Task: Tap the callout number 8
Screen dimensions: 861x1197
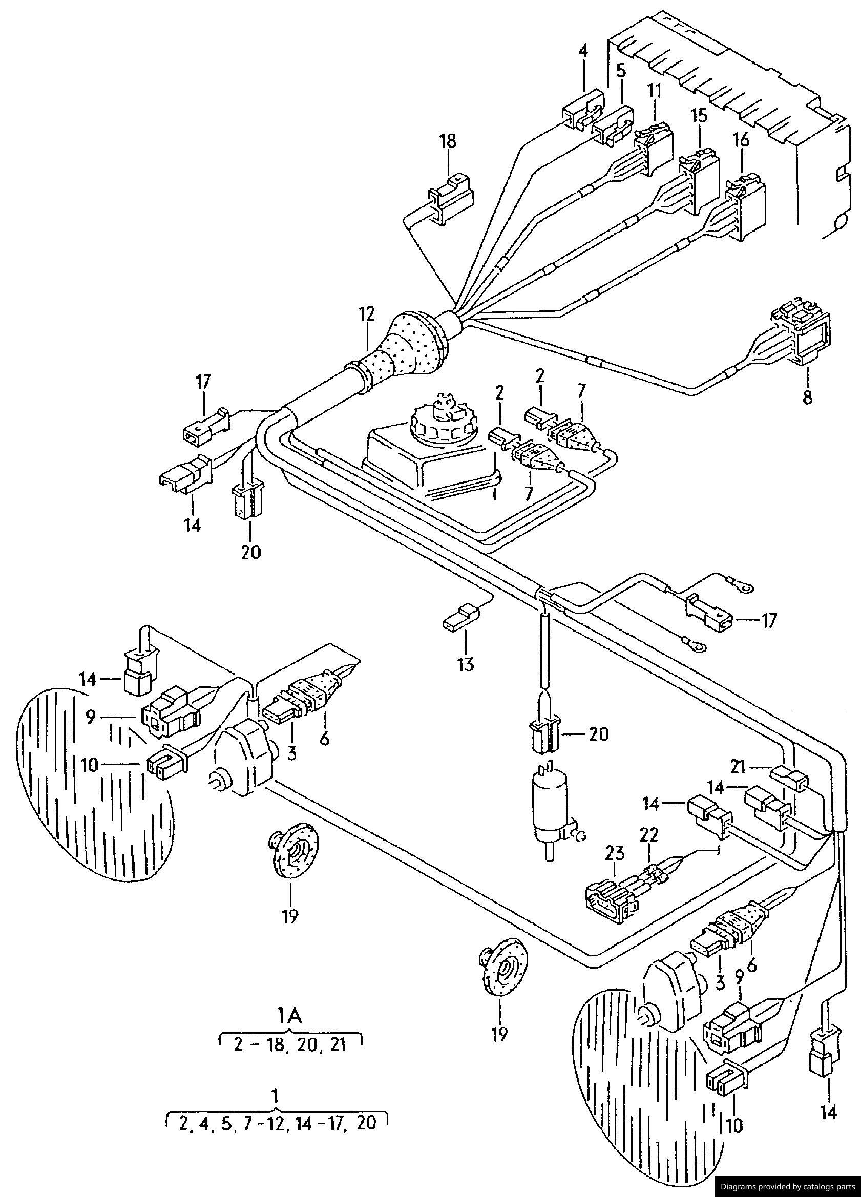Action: [x=807, y=397]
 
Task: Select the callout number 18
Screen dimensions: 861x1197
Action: [x=448, y=141]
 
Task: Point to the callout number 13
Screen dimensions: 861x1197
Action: [x=466, y=663]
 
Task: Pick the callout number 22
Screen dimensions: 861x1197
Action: [x=649, y=834]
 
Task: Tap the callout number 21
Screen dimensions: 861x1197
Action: [x=740, y=766]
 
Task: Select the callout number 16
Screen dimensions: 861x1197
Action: [x=741, y=140]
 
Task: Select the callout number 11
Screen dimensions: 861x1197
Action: [x=654, y=91]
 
